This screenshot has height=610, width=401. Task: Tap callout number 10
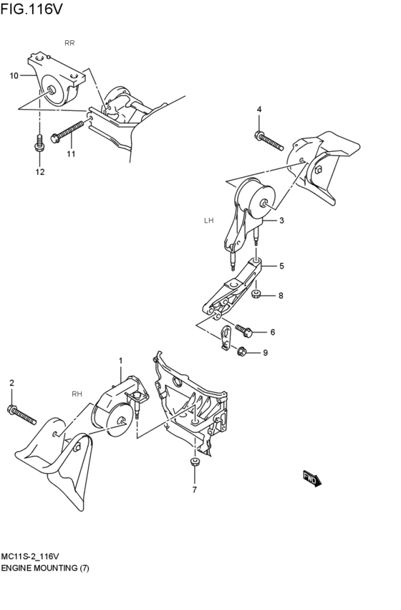click(x=14, y=75)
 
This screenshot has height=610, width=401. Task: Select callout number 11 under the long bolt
click(x=71, y=154)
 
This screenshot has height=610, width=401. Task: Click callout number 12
click(x=40, y=172)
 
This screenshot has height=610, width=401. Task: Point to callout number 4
click(x=259, y=109)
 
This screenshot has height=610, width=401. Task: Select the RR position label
click(x=69, y=43)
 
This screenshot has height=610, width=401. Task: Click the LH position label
click(x=209, y=221)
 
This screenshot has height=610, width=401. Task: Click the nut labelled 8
click(x=256, y=294)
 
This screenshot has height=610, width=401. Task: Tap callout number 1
click(x=120, y=361)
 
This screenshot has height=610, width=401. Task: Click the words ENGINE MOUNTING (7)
click(x=45, y=567)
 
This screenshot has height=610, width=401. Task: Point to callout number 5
click(x=281, y=266)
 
